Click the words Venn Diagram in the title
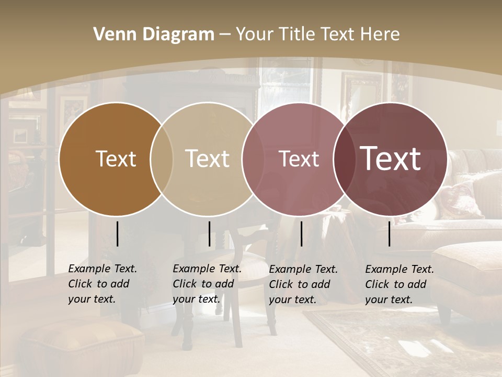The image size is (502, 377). (x=154, y=35)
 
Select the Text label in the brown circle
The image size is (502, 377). (x=116, y=159)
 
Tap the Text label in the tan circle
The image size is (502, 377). (x=207, y=159)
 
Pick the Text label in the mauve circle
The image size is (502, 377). (x=299, y=159)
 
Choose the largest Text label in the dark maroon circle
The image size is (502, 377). (x=391, y=159)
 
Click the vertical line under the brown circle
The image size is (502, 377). (x=117, y=234)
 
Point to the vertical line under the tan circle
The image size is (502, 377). (x=209, y=234)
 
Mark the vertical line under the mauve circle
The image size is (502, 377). (x=301, y=234)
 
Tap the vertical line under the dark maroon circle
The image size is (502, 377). (x=390, y=234)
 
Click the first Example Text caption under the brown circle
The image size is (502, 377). (x=102, y=284)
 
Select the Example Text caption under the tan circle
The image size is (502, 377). (x=207, y=284)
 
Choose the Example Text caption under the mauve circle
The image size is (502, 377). (x=303, y=284)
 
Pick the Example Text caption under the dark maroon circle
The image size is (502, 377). (x=400, y=284)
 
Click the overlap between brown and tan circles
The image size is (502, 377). (x=162, y=159)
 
